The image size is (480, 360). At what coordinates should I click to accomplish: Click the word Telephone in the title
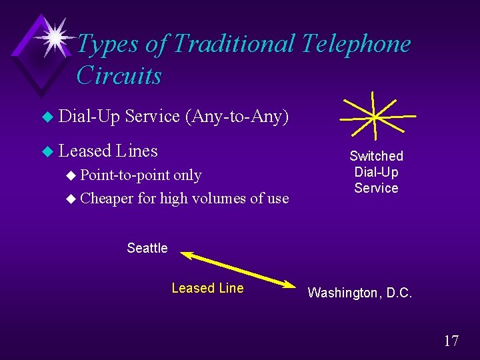pos(356,44)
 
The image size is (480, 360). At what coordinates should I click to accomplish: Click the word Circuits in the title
pos(119,76)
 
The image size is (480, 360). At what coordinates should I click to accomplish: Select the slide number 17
pos(451,341)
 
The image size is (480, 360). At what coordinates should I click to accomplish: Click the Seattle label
pos(147,248)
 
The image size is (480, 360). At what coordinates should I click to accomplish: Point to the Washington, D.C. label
pos(360,293)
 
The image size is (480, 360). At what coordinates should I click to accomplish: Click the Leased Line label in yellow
pos(207,288)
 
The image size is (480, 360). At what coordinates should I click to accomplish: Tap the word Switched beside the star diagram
pos(376,156)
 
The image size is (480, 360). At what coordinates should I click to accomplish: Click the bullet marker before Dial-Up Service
pos(46,117)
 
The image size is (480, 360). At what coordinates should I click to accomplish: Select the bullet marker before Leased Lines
pos(46,152)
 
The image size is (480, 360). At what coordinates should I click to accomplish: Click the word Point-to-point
pos(126,175)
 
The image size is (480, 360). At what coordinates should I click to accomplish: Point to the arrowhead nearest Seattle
pos(185,255)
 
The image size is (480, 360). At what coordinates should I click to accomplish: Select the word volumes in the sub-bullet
pos(214,198)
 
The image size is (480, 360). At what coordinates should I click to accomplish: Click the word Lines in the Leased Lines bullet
pos(136,151)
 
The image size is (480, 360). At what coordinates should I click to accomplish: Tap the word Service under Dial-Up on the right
pos(376,188)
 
